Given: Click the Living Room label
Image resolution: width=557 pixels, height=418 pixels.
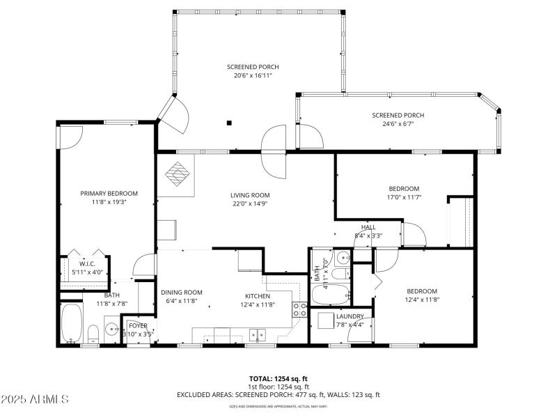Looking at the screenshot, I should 250,195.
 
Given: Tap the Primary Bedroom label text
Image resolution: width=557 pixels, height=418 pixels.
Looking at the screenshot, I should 109,194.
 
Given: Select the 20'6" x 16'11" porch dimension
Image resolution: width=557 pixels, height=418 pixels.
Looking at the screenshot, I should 249,75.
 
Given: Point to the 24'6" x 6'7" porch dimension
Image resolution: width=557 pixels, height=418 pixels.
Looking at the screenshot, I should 398,124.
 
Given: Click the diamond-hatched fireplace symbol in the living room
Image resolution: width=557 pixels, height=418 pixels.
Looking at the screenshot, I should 176,174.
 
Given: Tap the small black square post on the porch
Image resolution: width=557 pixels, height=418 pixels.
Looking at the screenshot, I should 228,123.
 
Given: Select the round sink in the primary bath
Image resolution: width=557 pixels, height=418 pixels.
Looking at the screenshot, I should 111,328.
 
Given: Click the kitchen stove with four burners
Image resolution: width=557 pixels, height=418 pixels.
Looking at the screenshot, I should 300,310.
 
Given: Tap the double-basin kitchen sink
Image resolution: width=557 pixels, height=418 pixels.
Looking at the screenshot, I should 258,336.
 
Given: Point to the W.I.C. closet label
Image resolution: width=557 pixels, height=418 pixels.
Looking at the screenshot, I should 87,264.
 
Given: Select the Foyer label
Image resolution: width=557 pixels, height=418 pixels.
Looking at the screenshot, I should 137,325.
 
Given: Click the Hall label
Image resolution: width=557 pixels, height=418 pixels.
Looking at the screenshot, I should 368,227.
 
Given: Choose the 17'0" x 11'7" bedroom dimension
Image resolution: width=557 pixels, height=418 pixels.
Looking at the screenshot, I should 404,197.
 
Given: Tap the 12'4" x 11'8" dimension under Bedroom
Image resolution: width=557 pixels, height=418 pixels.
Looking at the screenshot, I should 422,300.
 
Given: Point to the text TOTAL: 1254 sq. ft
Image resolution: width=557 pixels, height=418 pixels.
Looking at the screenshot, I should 278,379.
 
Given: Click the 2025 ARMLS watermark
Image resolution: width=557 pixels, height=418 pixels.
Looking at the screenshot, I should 35,399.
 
